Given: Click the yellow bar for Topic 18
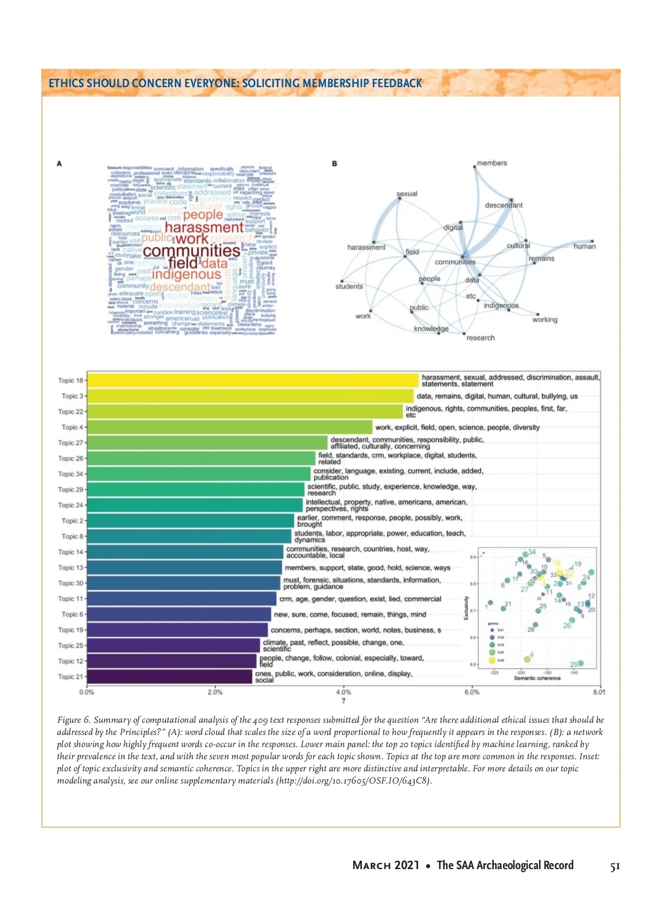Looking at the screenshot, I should (253, 380).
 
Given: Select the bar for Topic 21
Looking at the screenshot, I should (169, 677).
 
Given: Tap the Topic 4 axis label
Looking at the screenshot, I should (72, 427).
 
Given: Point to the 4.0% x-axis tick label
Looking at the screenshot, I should (343, 692).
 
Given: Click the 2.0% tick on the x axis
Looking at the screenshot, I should (215, 692).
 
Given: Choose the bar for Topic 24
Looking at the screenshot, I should (195, 505).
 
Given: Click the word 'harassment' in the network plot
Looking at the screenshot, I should (366, 247).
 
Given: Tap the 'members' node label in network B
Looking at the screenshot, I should (492, 163).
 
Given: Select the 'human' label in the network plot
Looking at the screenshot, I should (584, 247).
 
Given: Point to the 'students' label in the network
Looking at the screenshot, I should (349, 286).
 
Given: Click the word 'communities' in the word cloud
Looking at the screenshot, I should (191, 251).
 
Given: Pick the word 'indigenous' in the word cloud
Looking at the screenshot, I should (186, 274).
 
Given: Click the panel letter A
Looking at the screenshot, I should (59, 164).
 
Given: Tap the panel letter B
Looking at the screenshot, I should (334, 164).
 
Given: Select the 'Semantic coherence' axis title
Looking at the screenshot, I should (537, 678).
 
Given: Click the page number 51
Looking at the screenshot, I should (615, 866).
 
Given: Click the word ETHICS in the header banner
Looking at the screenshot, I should (65, 83).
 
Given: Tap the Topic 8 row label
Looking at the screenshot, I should (72, 536).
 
